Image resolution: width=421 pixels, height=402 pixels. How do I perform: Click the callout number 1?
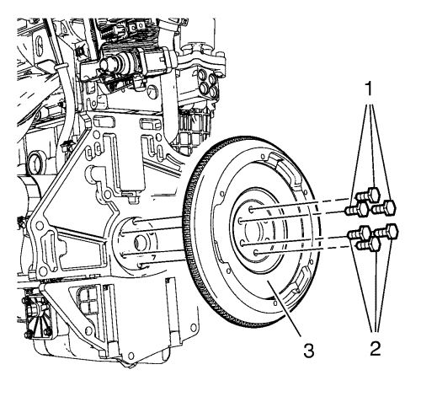tap(369, 88)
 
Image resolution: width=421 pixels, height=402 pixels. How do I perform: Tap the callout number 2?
tap(376, 349)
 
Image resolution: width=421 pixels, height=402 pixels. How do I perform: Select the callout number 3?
tap(309, 351)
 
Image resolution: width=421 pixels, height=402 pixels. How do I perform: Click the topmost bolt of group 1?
tap(368, 195)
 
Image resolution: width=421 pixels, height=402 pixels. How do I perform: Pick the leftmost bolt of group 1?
tap(357, 209)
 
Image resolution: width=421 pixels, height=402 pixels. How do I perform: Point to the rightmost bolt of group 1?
tap(384, 208)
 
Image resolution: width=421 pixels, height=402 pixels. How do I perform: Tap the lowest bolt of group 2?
tap(368, 244)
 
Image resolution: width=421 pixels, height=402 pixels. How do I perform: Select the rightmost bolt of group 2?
tap(386, 232)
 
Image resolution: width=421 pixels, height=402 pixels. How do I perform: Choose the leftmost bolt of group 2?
tap(360, 233)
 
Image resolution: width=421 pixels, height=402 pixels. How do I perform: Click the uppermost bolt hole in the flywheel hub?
tap(251, 209)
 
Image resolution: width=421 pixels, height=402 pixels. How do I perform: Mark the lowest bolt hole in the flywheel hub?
tap(256, 253)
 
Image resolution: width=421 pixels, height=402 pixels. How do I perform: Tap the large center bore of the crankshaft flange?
tap(141, 242)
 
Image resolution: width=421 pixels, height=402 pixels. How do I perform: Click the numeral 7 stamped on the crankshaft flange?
tap(153, 257)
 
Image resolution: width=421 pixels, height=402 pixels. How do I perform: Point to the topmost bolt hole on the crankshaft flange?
tap(135, 222)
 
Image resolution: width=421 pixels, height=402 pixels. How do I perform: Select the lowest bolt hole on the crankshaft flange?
tap(141, 265)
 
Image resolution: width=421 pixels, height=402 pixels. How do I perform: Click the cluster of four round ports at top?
tap(209, 83)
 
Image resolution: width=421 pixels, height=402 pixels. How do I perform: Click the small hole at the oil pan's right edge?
tap(194, 327)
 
